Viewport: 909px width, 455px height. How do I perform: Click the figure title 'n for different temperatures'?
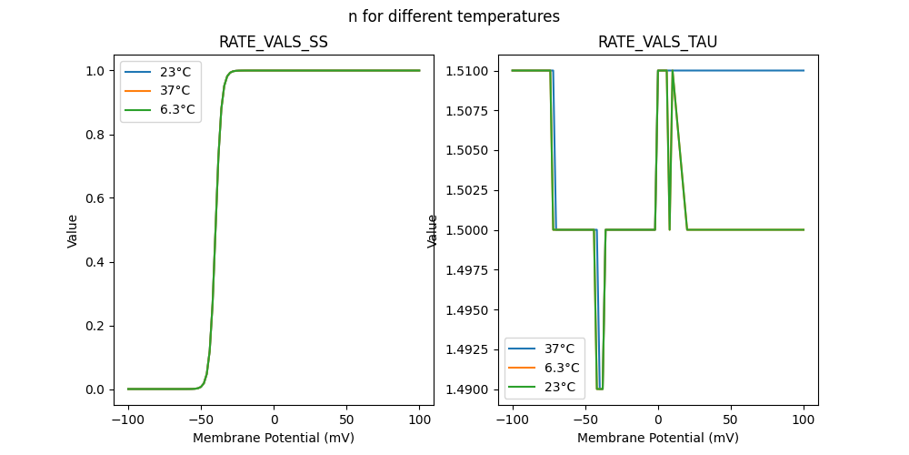coord(454,16)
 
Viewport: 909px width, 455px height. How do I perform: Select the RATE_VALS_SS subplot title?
coord(274,42)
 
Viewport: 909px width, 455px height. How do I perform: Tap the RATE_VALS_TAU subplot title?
coord(657,42)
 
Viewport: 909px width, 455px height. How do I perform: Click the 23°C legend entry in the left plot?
coord(175,71)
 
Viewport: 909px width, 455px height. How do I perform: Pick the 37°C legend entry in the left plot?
coord(175,90)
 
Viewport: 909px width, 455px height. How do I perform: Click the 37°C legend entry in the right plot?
coord(559,349)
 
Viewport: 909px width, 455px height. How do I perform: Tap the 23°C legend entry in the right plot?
coord(559,387)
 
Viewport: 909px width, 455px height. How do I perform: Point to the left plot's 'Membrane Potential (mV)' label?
coord(274,438)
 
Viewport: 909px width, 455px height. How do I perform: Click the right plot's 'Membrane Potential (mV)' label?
coord(657,438)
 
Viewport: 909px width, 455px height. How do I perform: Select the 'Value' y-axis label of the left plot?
coord(73,230)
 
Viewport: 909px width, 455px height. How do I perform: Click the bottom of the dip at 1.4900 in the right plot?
coord(599,389)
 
